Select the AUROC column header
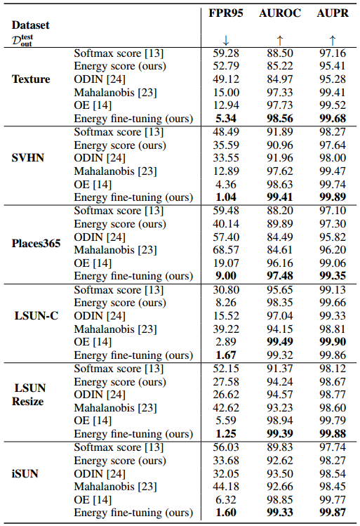[x=281, y=13]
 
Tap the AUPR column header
[x=332, y=13]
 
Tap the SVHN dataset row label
[x=29, y=157]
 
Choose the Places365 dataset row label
[x=36, y=244]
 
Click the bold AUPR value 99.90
[x=332, y=341]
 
